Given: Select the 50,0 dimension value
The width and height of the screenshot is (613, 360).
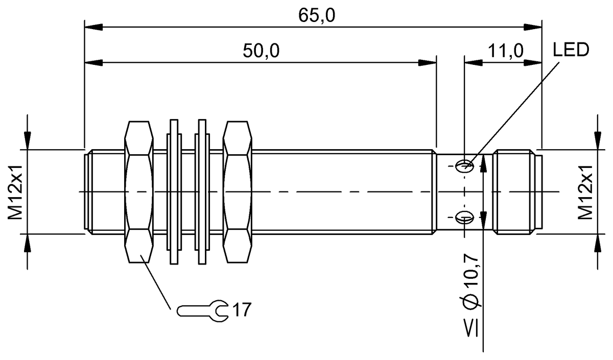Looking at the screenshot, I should click(262, 51).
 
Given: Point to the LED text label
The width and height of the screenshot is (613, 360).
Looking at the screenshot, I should click(571, 50).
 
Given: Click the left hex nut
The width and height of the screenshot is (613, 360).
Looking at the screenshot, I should click(139, 192).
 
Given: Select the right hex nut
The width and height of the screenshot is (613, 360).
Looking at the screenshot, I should click(238, 192).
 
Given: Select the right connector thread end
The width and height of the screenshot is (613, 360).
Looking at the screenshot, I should click(517, 192).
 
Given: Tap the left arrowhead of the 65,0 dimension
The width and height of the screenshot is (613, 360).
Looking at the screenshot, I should click(92, 26).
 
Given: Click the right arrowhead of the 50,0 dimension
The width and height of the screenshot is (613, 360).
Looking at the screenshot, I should click(428, 62).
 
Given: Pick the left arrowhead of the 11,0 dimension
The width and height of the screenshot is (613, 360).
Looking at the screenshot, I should click(472, 62).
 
